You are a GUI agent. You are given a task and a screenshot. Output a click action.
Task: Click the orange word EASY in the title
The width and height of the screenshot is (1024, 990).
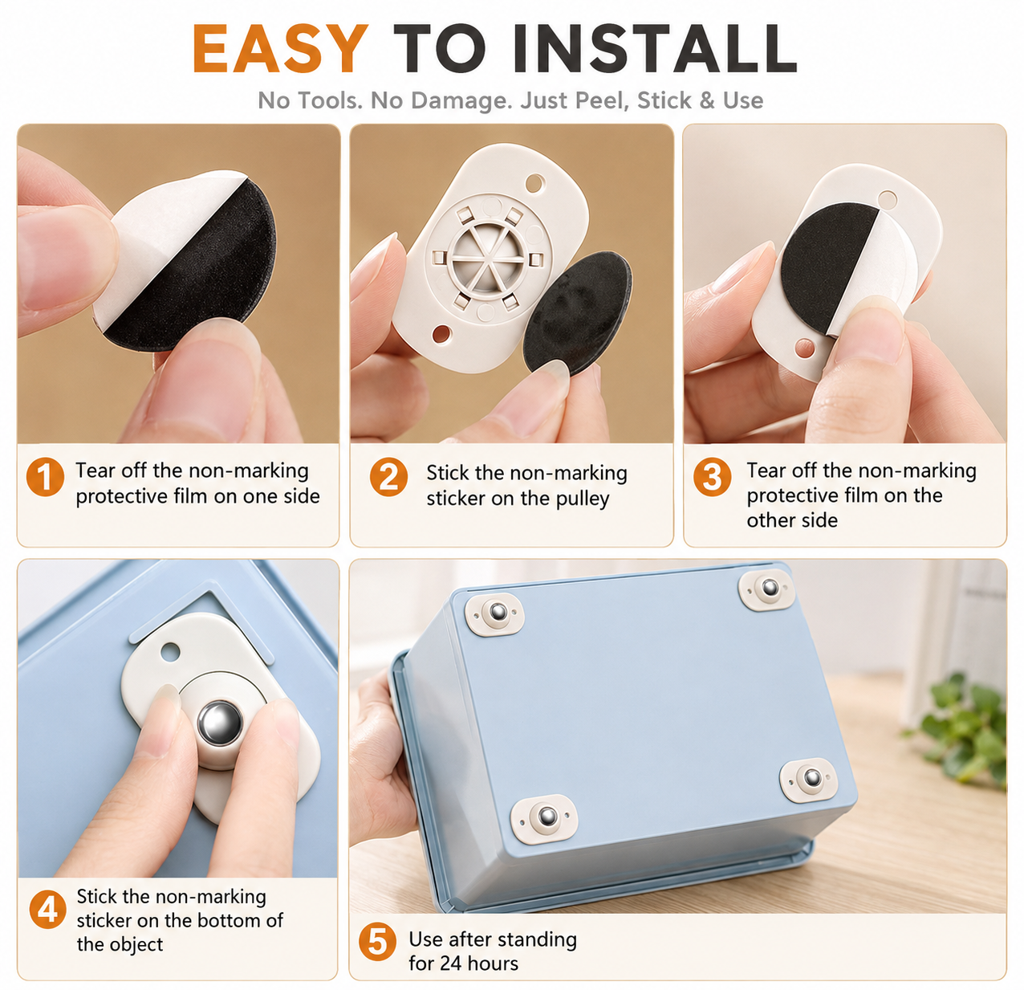[x=280, y=48]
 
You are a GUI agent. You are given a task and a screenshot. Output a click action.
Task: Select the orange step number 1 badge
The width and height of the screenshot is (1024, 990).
[x=45, y=477]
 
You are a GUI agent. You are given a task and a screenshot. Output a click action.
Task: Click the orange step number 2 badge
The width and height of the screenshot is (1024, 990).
[x=388, y=477]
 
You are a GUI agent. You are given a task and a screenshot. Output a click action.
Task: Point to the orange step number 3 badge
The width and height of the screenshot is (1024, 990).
[x=712, y=477]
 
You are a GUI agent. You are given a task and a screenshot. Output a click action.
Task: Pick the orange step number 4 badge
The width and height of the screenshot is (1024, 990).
[x=47, y=910]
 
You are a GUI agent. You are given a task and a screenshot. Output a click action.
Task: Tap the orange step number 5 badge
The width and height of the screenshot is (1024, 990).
[x=377, y=942]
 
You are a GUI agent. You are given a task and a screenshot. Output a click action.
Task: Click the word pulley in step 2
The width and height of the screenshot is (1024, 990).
[x=583, y=499]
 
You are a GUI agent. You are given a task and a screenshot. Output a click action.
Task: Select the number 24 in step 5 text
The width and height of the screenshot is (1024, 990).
[x=450, y=964]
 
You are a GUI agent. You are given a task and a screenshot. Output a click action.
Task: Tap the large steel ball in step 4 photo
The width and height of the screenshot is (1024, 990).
[x=220, y=723]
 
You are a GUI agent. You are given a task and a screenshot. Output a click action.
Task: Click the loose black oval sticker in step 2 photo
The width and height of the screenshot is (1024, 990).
[x=577, y=313]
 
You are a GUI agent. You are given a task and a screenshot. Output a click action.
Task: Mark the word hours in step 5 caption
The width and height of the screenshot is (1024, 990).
[x=492, y=964]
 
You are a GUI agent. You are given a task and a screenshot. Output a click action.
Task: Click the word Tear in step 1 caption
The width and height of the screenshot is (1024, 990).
[x=95, y=471]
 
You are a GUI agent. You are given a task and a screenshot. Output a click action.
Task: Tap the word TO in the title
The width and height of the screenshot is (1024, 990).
[x=441, y=48]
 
